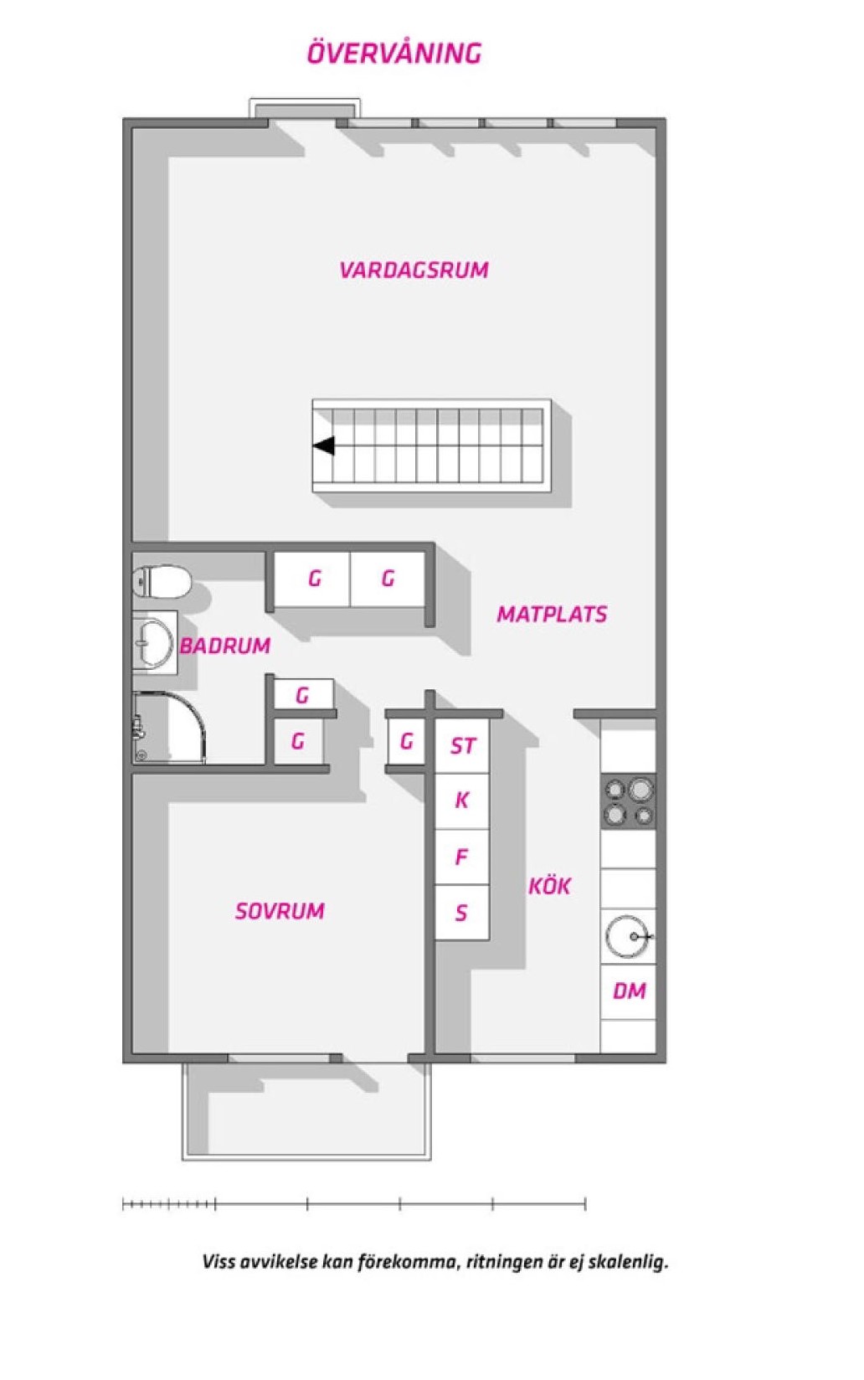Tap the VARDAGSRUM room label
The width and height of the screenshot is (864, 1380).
click(x=414, y=270)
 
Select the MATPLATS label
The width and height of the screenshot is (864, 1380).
click(x=552, y=614)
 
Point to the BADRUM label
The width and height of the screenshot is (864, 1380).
click(x=224, y=645)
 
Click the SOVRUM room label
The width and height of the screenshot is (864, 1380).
click(x=280, y=910)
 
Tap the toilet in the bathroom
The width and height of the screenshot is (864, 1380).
click(x=162, y=581)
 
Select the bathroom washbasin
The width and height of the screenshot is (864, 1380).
click(x=154, y=642)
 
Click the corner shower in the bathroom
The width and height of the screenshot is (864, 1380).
click(x=168, y=729)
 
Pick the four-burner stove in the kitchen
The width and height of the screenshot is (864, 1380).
click(x=628, y=801)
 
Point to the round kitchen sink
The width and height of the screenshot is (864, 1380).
click(x=628, y=936)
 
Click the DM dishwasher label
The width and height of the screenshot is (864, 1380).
click(x=630, y=991)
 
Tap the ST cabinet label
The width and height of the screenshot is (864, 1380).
click(x=463, y=745)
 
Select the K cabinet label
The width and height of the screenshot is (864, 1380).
click(x=462, y=800)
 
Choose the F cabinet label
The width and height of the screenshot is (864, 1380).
click(x=461, y=857)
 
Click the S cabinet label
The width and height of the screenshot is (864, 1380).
click(x=461, y=912)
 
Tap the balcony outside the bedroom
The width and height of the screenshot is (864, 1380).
click(x=306, y=1110)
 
